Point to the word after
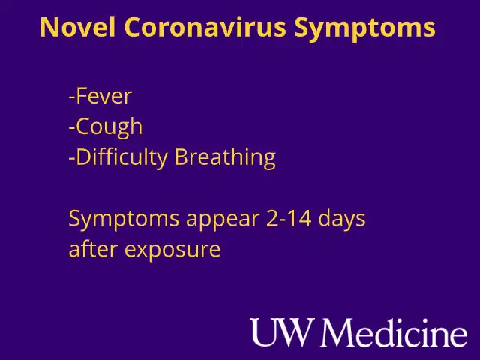[x=93, y=249]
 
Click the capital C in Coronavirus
[x=133, y=28]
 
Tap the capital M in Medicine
[x=348, y=332]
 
